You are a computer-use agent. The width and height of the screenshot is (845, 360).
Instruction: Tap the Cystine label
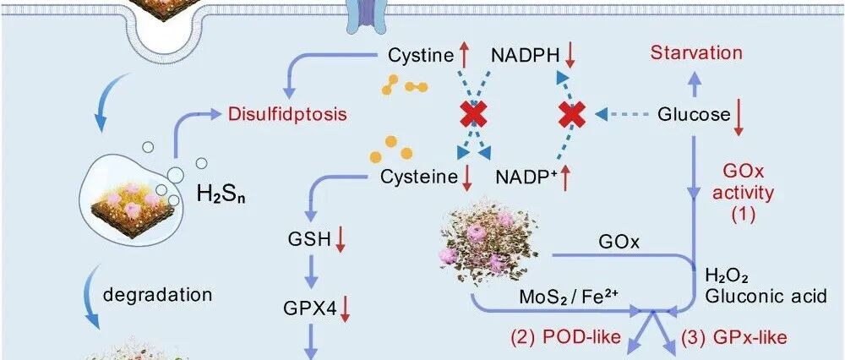[x=420, y=56]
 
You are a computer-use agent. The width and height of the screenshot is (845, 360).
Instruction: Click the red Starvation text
[x=696, y=53]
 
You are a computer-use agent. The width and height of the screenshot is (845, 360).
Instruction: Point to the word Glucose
[x=694, y=114]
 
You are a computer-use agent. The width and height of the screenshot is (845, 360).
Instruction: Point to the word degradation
[x=145, y=296]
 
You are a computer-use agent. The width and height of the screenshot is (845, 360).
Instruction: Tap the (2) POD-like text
[x=564, y=338]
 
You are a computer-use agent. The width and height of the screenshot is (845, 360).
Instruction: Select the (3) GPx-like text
[x=734, y=338]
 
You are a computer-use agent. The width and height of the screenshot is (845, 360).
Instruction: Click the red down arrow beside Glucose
[x=739, y=116]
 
